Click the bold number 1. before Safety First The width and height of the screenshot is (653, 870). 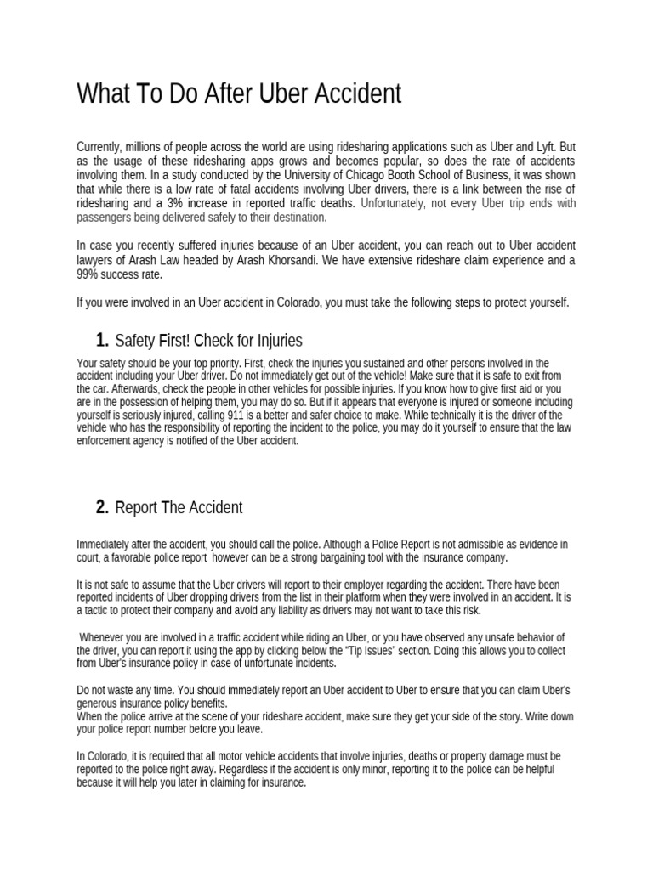(102, 341)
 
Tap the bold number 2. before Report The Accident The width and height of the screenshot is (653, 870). (102, 507)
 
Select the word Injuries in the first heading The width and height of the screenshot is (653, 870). (275, 341)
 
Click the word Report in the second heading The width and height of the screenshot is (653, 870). (136, 507)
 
